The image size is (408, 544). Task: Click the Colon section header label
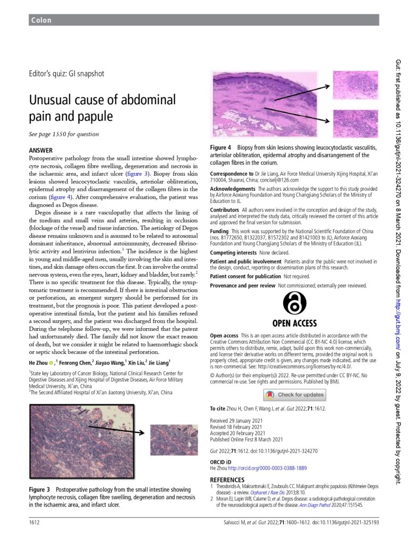(x=41, y=20)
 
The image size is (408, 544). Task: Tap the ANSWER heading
(x=40, y=150)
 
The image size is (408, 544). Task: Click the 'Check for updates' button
(x=294, y=395)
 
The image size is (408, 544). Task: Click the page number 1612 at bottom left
(x=35, y=523)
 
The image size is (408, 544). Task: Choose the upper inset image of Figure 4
(x=355, y=85)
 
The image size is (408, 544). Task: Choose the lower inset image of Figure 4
(x=355, y=123)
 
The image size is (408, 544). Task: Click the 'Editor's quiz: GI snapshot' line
(x=66, y=74)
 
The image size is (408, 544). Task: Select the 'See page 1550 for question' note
(x=64, y=134)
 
